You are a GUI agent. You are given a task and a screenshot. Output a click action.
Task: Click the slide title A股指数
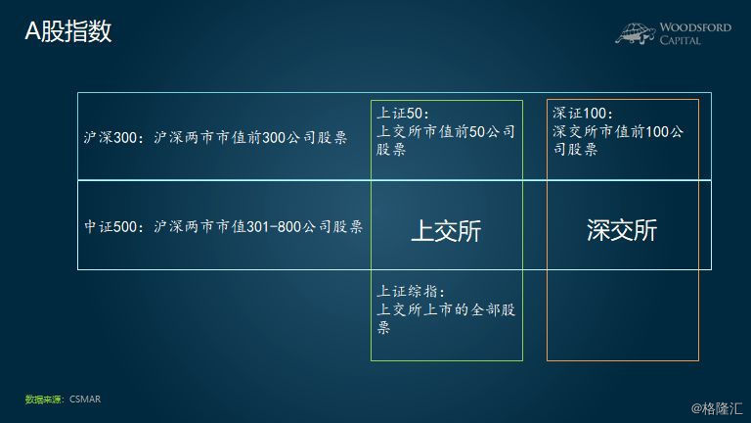tap(68, 31)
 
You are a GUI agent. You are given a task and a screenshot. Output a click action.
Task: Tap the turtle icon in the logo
tap(636, 33)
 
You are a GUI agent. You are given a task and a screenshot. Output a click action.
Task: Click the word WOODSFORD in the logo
tap(695, 27)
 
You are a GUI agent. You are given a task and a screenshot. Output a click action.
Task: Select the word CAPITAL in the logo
tap(681, 40)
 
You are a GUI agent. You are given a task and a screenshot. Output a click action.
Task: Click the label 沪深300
tap(110, 138)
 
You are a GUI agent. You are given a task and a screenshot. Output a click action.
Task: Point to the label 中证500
tap(110, 226)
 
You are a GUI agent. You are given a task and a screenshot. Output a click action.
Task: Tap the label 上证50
tap(399, 114)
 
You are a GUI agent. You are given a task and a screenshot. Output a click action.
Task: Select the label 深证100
tap(580, 114)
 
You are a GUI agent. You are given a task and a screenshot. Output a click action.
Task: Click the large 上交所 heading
tap(446, 231)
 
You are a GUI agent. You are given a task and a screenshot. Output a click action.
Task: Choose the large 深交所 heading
tap(622, 230)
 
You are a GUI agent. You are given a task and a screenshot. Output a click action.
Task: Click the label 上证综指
tap(408, 291)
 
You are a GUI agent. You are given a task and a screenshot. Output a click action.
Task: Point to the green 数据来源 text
tap(43, 399)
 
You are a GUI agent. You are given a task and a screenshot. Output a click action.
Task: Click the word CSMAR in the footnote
tap(85, 399)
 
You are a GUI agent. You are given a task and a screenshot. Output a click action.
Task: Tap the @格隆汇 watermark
tap(717, 408)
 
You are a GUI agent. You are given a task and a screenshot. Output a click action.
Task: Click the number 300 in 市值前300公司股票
tap(274, 138)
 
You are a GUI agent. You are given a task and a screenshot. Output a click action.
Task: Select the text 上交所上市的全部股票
tap(446, 318)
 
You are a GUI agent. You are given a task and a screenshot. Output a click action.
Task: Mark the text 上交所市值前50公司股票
tap(446, 140)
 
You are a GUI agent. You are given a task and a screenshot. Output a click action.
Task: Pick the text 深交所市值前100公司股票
tap(618, 140)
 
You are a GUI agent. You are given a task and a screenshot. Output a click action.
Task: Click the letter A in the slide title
tap(32, 31)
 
